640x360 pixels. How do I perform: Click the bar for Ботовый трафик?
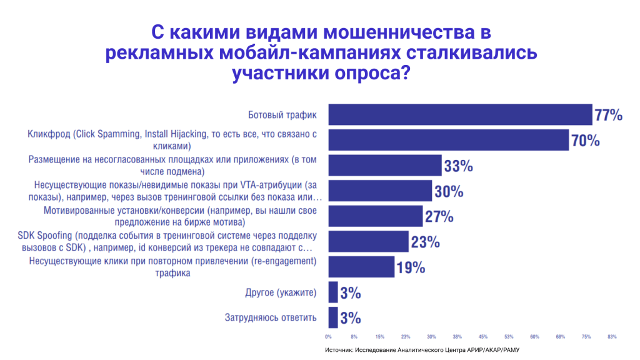(460, 115)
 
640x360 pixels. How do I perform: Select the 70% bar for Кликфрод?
(448, 140)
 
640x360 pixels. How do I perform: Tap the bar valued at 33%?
(385, 166)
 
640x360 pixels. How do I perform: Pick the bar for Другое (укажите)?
(333, 292)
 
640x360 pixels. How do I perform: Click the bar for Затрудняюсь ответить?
(333, 317)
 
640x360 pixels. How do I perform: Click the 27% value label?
(439, 217)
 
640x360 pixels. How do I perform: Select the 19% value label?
(411, 267)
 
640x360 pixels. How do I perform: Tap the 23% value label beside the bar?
(425, 242)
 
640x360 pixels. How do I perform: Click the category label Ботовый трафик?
(282, 115)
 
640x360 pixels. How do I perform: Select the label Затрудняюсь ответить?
(271, 317)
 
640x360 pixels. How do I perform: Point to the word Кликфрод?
(47, 134)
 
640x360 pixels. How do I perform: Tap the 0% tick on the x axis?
(329, 337)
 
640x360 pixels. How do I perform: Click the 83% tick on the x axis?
(612, 337)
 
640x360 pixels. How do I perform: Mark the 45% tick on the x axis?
(483, 337)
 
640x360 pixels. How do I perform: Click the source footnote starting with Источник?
(422, 350)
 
